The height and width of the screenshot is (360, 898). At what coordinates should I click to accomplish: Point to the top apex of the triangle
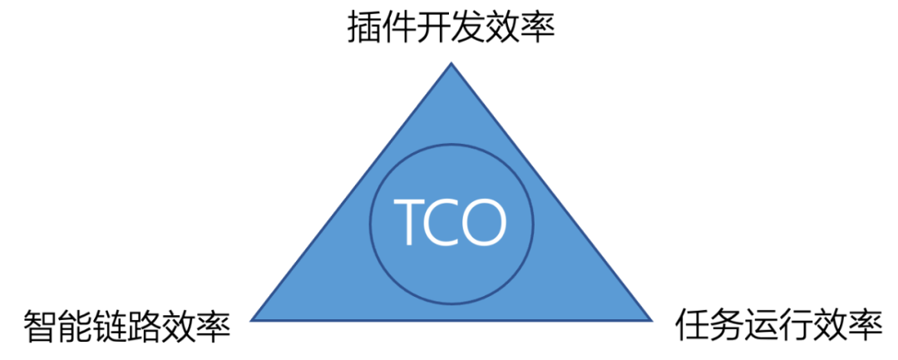[x=451, y=64]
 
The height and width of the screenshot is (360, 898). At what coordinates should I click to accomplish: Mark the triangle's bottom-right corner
[x=650, y=319]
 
